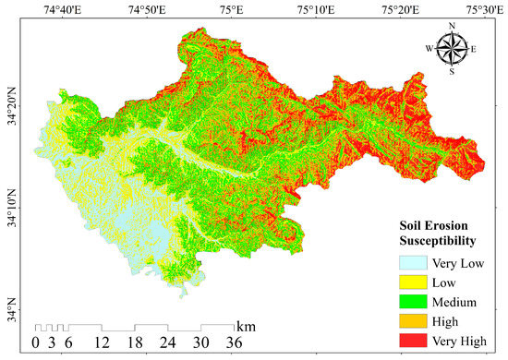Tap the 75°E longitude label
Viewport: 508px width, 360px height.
click(231, 10)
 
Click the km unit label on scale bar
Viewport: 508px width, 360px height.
click(246, 327)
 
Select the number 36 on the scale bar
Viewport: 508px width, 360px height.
click(234, 343)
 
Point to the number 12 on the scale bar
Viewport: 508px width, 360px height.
click(103, 343)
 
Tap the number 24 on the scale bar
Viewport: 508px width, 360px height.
click(168, 343)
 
